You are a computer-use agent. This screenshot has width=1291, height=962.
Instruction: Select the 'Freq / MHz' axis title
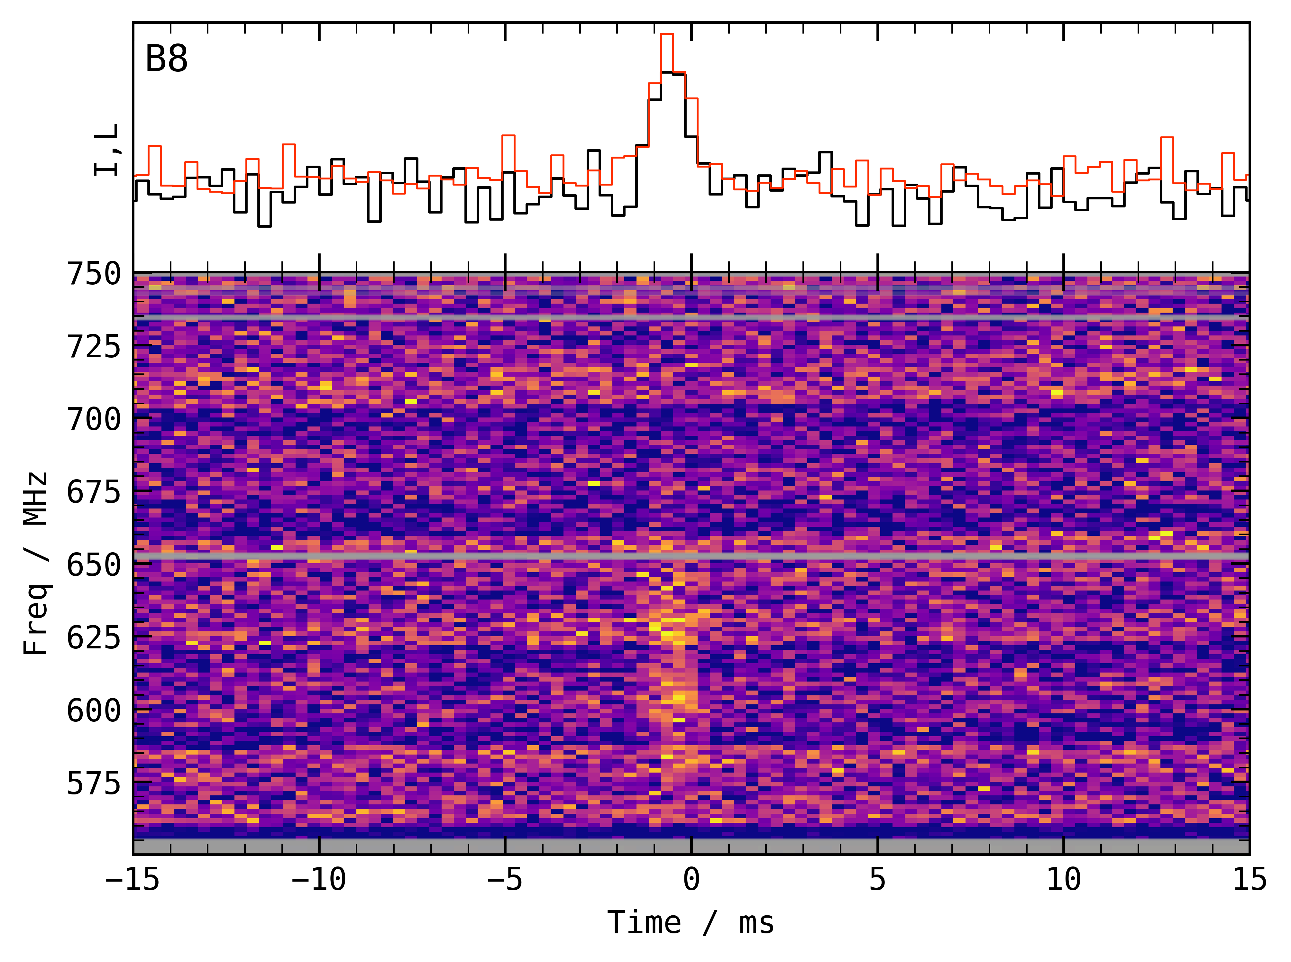(x=36, y=564)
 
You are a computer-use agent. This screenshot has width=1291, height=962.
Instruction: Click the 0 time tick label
(x=691, y=879)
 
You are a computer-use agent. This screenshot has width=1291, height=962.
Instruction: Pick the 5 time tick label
(x=878, y=879)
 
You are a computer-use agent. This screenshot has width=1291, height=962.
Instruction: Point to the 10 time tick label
(x=1063, y=879)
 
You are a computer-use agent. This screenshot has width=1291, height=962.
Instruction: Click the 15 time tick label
(x=1250, y=879)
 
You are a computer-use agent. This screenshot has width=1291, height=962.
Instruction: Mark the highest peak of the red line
(x=667, y=34)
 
